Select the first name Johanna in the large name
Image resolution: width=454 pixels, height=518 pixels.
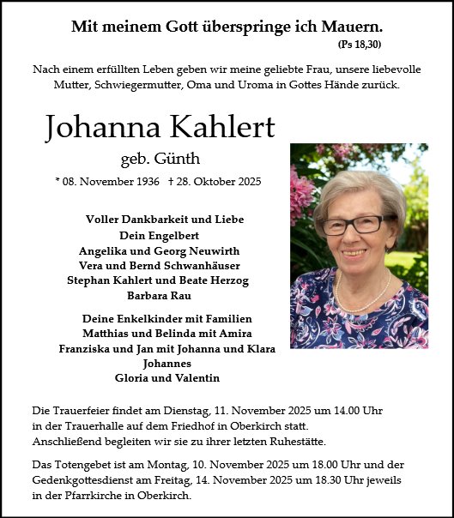94,128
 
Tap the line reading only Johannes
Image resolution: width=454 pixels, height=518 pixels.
160,363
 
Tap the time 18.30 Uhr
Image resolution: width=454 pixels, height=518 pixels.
320,480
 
